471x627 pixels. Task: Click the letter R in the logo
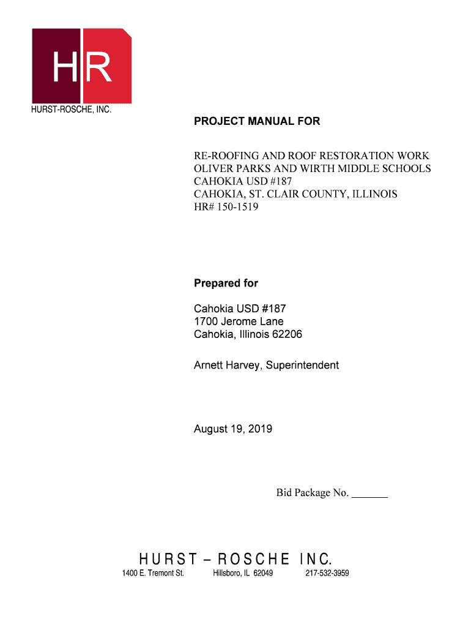tap(98, 67)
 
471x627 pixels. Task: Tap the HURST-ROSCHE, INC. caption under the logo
tap(71, 111)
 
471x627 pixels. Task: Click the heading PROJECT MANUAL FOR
tap(257, 122)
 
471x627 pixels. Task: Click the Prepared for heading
tap(226, 283)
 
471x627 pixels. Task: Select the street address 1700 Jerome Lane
tap(239, 322)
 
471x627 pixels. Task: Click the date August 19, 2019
tap(233, 429)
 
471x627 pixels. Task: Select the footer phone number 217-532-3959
tap(327, 574)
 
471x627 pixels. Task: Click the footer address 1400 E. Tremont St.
tap(153, 574)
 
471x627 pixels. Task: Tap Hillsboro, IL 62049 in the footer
tap(243, 574)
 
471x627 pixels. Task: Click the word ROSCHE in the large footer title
tap(254, 559)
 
